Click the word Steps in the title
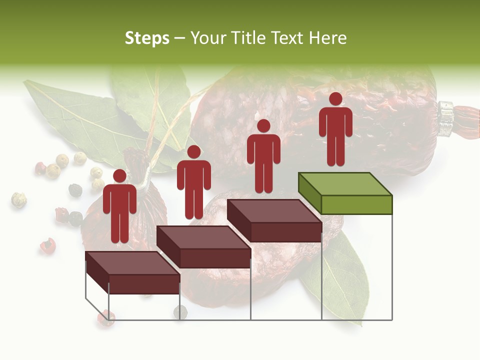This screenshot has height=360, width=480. (x=147, y=38)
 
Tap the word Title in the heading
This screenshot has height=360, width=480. (x=249, y=38)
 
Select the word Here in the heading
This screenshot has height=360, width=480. (x=327, y=38)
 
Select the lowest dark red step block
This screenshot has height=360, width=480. (x=132, y=273)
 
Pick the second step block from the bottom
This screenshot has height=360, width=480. (x=203, y=247)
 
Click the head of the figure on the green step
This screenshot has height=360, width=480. (x=335, y=99)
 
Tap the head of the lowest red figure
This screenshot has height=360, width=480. (x=119, y=176)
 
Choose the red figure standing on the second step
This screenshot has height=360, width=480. (x=193, y=182)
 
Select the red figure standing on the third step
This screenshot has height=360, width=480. (x=263, y=156)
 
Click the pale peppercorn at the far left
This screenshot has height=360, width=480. (x=18, y=199)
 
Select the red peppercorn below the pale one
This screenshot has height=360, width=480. (x=47, y=245)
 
